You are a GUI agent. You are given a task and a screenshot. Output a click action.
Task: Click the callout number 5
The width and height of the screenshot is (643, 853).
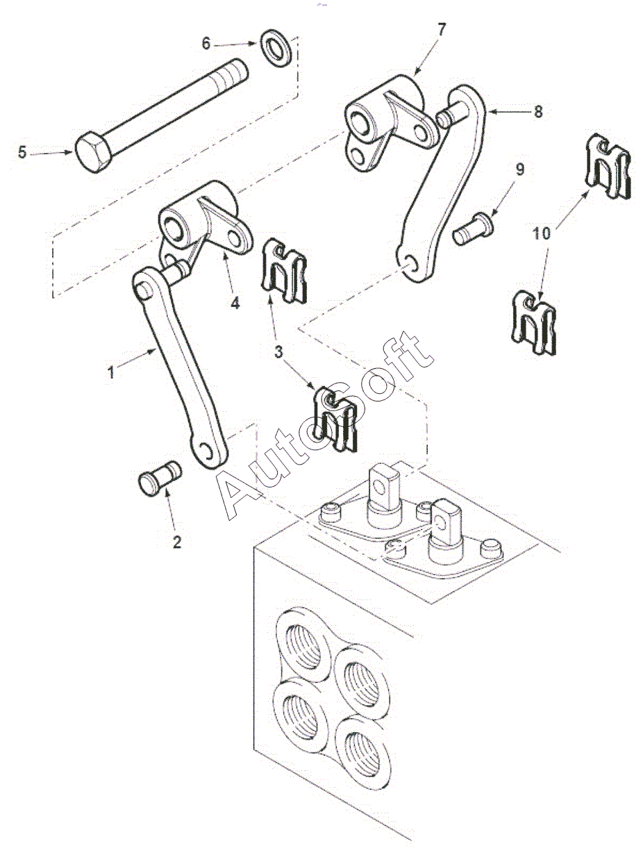(22, 153)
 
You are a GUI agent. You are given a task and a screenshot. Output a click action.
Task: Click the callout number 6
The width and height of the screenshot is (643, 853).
(206, 44)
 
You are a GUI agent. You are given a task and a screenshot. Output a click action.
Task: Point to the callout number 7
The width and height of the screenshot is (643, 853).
(442, 30)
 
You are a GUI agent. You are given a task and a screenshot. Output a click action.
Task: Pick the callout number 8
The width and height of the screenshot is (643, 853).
(537, 112)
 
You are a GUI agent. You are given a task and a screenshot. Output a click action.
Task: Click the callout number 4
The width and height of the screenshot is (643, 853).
(235, 303)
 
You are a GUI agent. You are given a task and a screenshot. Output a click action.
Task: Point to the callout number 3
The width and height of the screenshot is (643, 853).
(278, 353)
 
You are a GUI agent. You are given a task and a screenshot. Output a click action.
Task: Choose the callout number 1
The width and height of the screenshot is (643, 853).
(111, 372)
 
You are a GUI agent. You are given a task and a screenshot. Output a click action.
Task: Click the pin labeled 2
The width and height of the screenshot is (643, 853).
(160, 478)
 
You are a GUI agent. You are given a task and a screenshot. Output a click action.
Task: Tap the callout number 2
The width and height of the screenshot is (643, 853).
(176, 542)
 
